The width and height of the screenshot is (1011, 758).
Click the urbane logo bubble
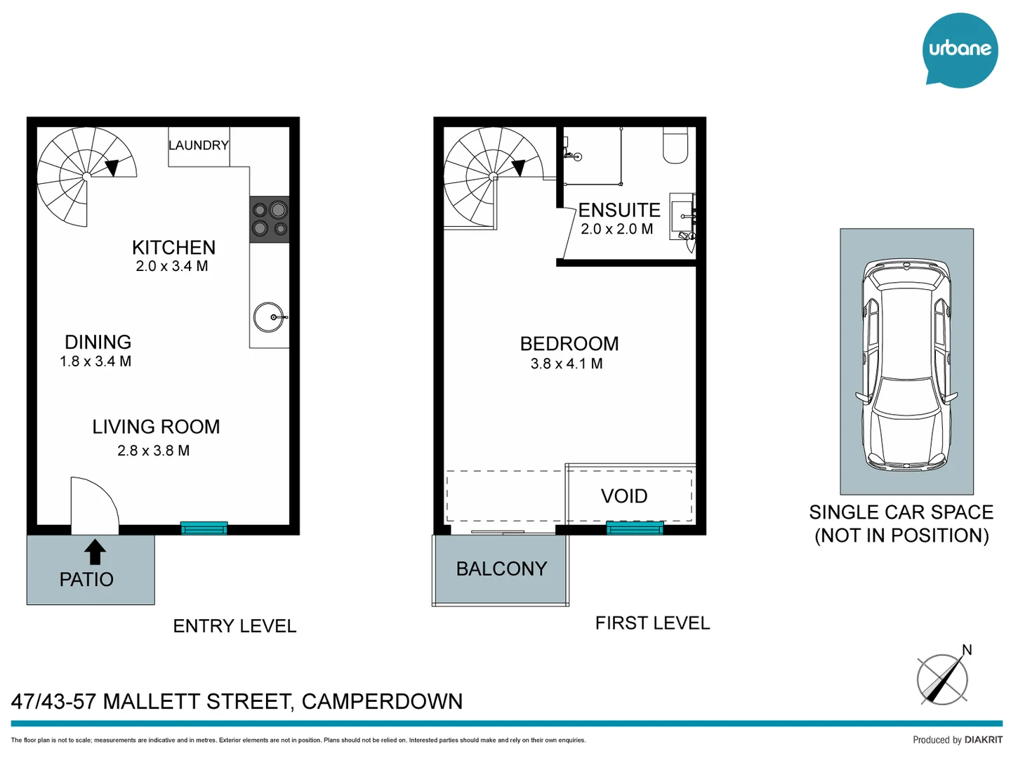[959, 50]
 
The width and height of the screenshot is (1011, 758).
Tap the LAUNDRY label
[199, 145]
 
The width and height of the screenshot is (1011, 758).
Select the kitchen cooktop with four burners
[270, 219]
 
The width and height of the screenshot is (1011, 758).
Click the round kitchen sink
[269, 317]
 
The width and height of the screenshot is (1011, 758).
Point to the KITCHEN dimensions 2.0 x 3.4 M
[172, 266]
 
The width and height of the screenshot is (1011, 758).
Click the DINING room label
[98, 342]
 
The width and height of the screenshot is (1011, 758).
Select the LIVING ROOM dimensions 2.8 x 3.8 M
[154, 451]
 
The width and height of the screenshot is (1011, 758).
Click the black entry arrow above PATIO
[95, 552]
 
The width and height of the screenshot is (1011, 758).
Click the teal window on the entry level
[204, 528]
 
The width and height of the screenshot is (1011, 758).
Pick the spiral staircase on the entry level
[84, 175]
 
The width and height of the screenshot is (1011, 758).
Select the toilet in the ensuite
[675, 145]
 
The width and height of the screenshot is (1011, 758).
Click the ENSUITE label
[619, 210]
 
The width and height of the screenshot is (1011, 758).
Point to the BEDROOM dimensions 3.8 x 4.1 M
[567, 364]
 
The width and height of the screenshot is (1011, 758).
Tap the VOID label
[624, 496]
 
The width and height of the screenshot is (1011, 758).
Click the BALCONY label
[501, 568]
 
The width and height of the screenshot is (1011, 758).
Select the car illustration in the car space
[907, 365]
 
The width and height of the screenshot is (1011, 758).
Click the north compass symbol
[943, 679]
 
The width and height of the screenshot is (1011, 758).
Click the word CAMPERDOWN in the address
[382, 701]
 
